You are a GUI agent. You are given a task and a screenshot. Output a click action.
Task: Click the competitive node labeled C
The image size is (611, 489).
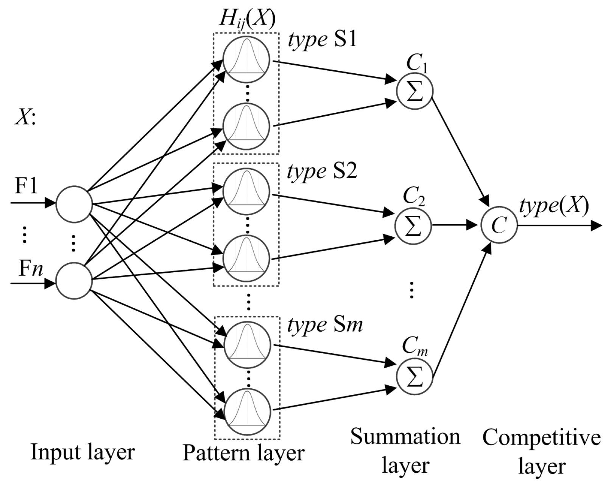click(499, 225)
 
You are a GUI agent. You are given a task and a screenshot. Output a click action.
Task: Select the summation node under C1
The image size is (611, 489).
click(415, 92)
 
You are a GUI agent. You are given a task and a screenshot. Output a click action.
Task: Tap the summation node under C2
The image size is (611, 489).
click(413, 226)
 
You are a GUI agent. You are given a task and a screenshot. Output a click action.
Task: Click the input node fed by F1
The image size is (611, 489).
click(74, 204)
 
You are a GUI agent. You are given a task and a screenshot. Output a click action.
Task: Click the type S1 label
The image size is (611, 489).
click(323, 39)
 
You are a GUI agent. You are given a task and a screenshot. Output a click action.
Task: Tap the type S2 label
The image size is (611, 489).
click(322, 171)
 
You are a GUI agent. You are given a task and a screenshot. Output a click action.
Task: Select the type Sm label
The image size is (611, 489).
click(325, 324)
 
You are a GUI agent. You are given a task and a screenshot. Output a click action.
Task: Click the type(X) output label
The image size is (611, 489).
click(554, 206)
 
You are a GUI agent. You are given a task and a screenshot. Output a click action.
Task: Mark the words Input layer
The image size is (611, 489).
click(83, 452)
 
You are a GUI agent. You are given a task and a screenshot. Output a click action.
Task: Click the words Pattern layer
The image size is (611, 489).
click(243, 453)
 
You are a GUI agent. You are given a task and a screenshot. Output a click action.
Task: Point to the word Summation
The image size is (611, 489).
click(405, 437)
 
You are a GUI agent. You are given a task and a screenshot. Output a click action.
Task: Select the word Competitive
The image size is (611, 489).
click(541, 438)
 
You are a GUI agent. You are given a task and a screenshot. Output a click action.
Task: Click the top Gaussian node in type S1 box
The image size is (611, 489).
click(246, 59)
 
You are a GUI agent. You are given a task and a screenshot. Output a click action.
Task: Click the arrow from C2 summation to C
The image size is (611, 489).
click(454, 225)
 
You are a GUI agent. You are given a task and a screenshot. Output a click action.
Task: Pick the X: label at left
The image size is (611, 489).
click(25, 118)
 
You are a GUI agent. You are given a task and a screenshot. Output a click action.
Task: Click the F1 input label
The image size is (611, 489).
click(26, 186)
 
